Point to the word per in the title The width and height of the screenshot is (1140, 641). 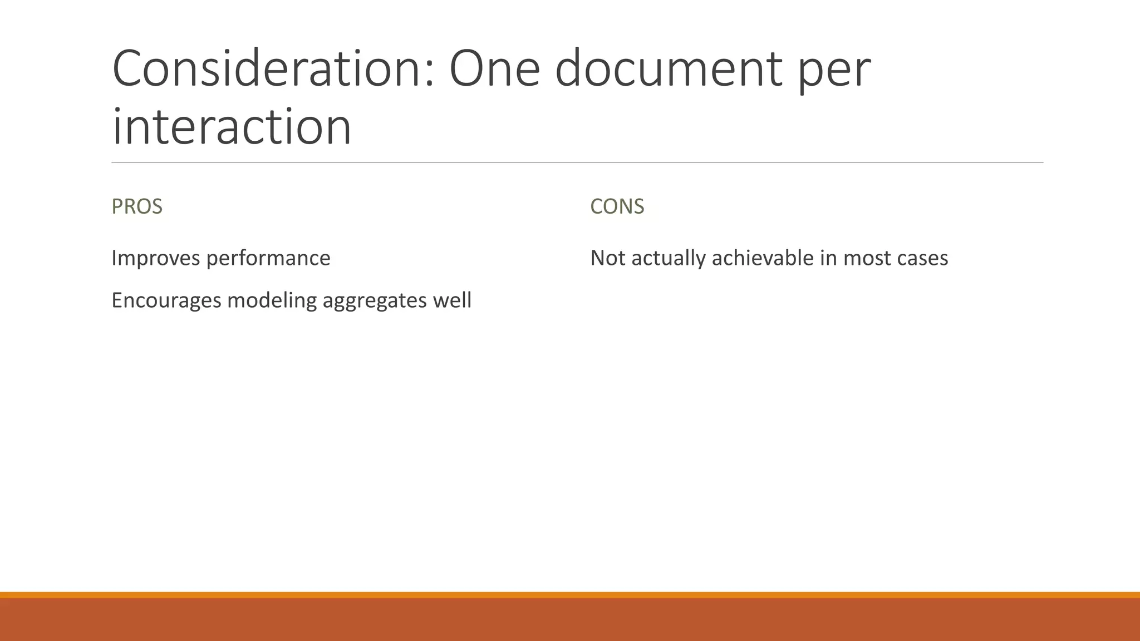pyautogui.click(x=834, y=72)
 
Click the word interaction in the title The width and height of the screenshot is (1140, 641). pyautogui.click(x=232, y=127)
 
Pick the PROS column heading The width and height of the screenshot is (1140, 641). pyautogui.click(x=137, y=206)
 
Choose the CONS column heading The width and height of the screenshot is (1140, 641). pyautogui.click(x=617, y=206)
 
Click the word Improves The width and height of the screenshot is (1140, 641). pyautogui.click(x=155, y=258)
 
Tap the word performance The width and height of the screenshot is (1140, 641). pyautogui.click(x=268, y=258)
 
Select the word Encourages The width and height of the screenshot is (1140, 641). pyautogui.click(x=166, y=300)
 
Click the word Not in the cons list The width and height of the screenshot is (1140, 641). pyautogui.click(x=607, y=258)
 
